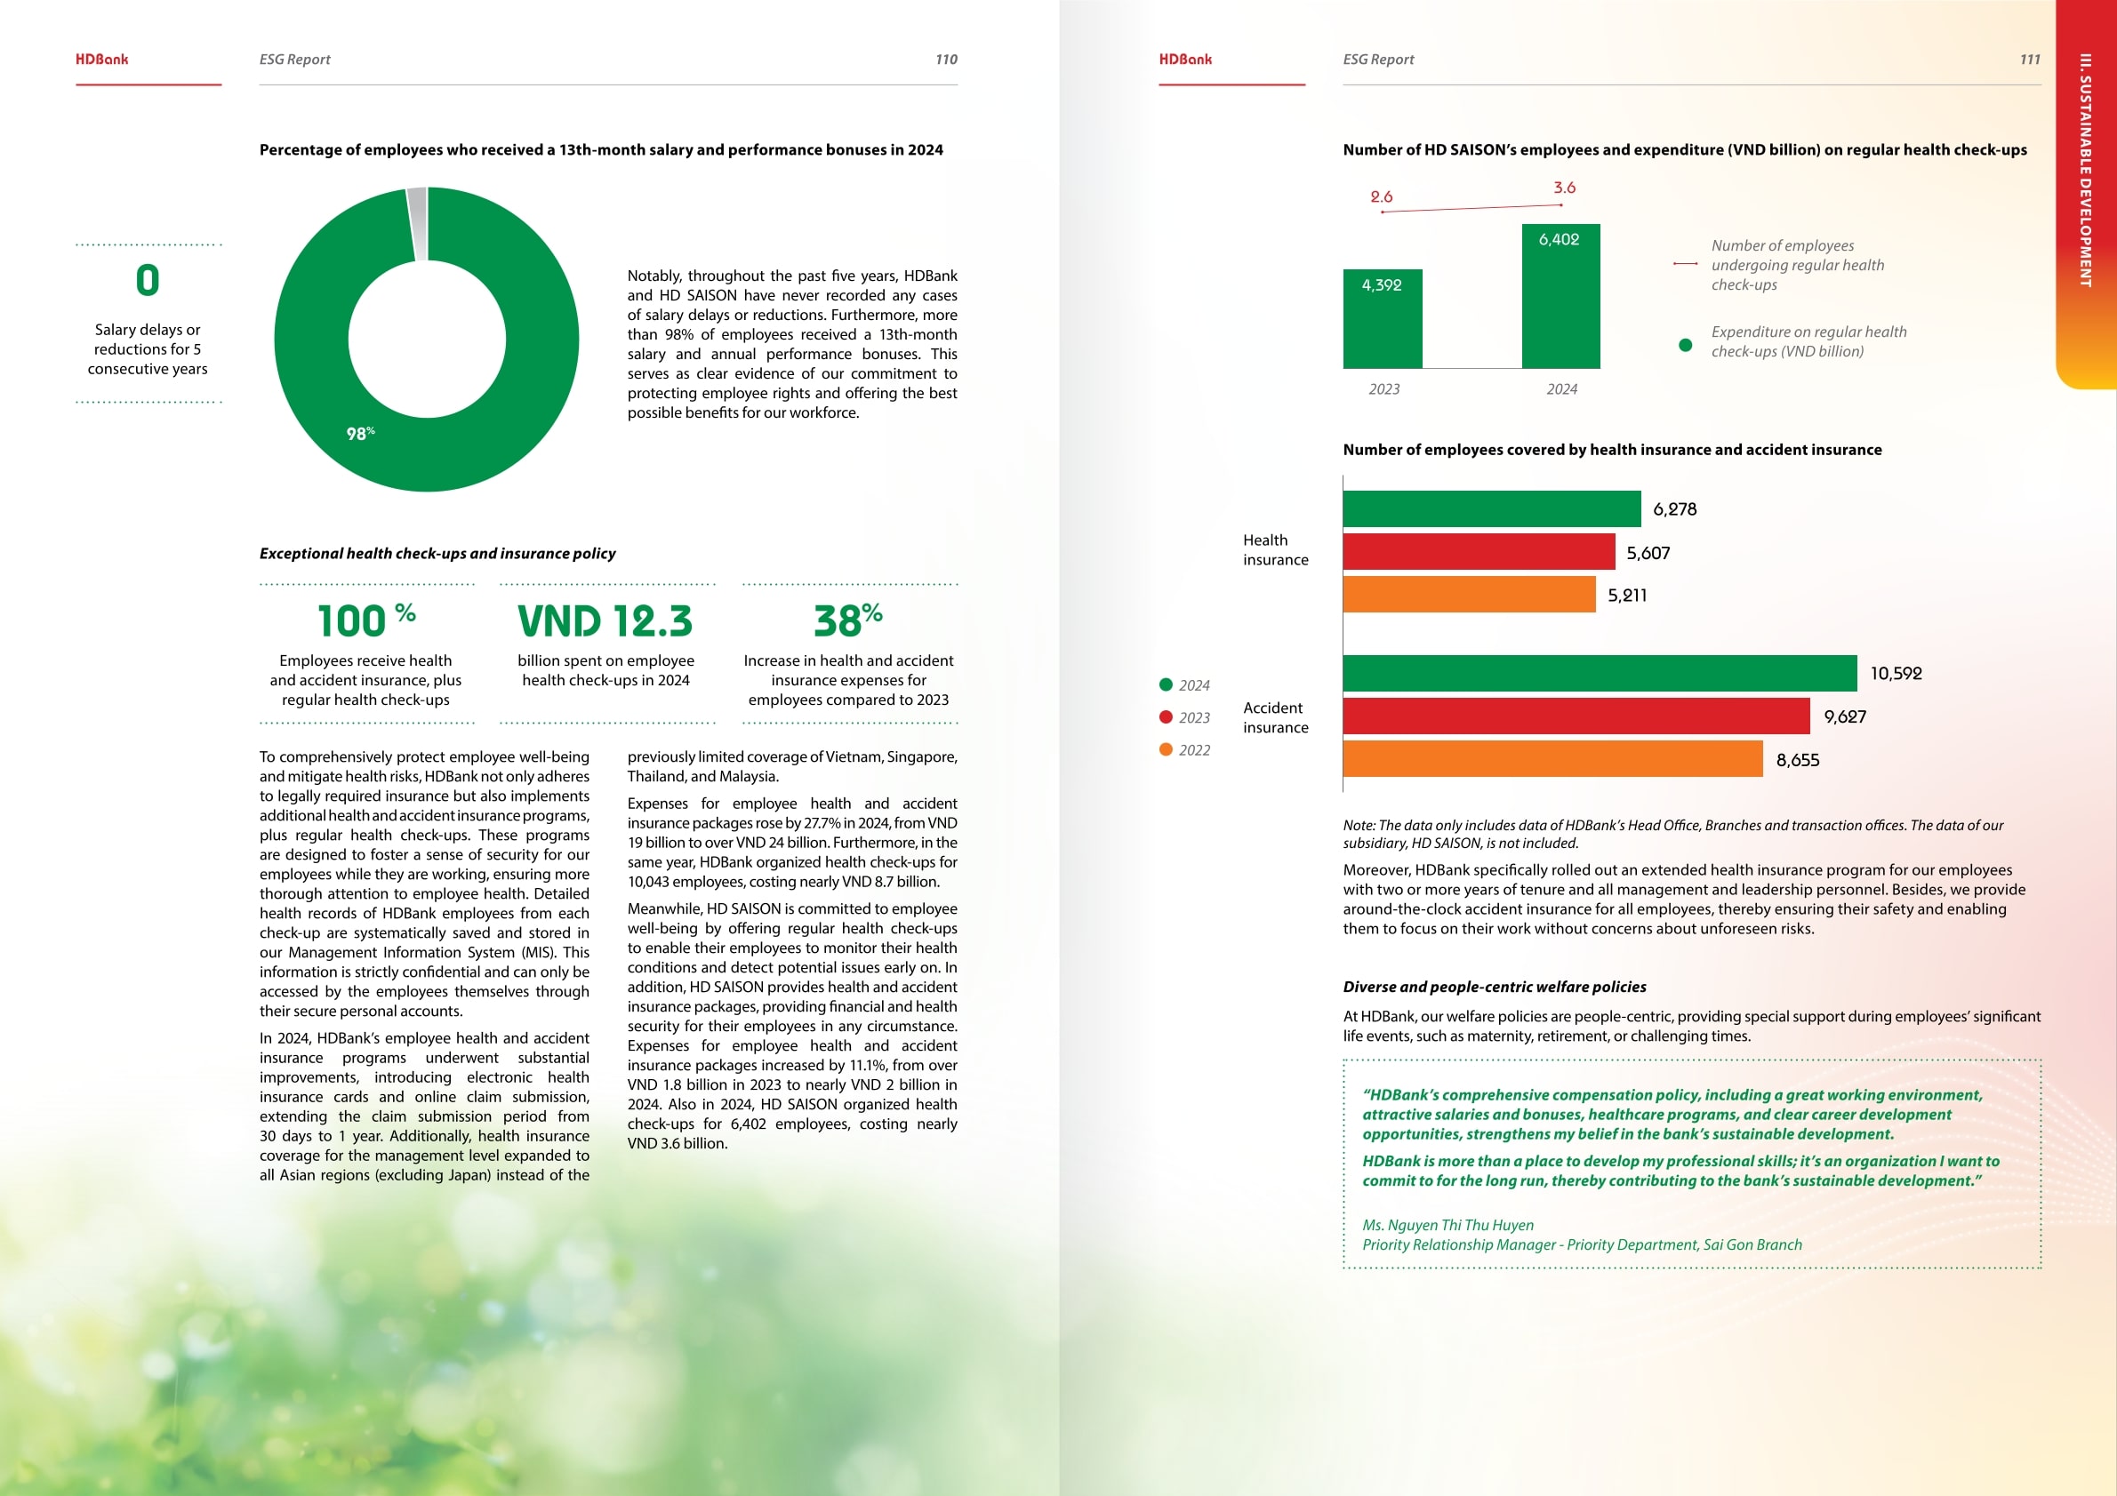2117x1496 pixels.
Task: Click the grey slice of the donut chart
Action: pyautogui.click(x=418, y=224)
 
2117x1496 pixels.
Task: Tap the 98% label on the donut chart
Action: pyautogui.click(x=359, y=433)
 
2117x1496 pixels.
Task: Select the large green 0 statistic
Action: pyautogui.click(x=148, y=280)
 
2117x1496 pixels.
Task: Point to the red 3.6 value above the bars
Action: pyautogui.click(x=1564, y=188)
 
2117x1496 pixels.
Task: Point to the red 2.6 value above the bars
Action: pyautogui.click(x=1381, y=197)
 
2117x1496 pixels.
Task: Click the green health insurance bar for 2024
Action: pyautogui.click(x=1491, y=508)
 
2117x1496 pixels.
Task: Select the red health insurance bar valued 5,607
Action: pyautogui.click(x=1478, y=552)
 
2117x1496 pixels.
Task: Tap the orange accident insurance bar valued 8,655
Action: pyautogui.click(x=1552, y=759)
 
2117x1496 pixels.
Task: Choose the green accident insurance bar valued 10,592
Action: pyautogui.click(x=1599, y=674)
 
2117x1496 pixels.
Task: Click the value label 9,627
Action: pyautogui.click(x=1844, y=717)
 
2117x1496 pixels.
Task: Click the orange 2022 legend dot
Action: pyautogui.click(x=1166, y=750)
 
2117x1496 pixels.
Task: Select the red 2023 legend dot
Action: pyautogui.click(x=1166, y=717)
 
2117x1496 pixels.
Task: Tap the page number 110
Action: pyautogui.click(x=946, y=60)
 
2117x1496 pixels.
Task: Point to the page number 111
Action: pyautogui.click(x=2029, y=60)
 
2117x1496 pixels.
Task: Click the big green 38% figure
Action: pyautogui.click(x=847, y=620)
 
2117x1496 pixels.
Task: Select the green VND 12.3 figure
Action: pyautogui.click(x=605, y=621)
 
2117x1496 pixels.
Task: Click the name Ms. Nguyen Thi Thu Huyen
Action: pyautogui.click(x=1447, y=1225)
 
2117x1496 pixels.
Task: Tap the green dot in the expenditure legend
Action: pyautogui.click(x=1686, y=345)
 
